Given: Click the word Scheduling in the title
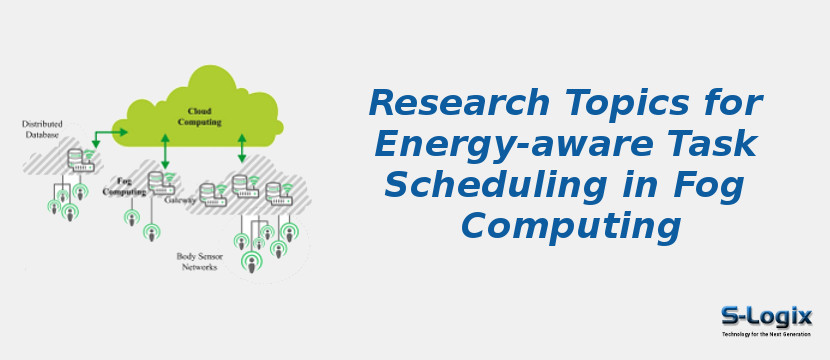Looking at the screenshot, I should [x=490, y=185].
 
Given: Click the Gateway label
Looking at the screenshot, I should [x=179, y=200].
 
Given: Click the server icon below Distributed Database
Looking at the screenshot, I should [x=77, y=159].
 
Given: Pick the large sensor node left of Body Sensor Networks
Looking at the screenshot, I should [x=249, y=262].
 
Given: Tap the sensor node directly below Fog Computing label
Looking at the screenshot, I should [x=130, y=216].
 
